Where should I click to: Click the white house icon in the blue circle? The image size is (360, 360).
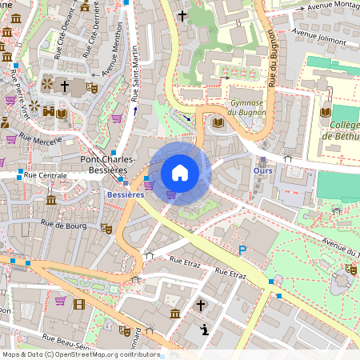point(180,172)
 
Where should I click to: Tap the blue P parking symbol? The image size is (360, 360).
point(242,251)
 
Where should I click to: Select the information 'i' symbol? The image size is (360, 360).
point(205,329)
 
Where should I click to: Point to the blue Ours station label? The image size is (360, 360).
point(262,171)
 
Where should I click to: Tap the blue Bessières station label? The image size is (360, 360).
point(126,194)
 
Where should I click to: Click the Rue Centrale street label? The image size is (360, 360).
point(46,174)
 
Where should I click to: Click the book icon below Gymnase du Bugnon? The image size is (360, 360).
point(218,122)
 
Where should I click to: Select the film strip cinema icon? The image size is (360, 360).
point(78,303)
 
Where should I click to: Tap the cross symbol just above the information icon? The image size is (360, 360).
point(202,305)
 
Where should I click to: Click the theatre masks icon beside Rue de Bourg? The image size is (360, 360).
point(106,228)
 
